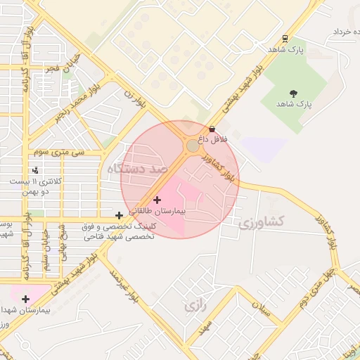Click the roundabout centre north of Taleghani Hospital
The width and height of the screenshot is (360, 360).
click(x=193, y=146)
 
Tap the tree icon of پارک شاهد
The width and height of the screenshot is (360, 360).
click(x=293, y=93)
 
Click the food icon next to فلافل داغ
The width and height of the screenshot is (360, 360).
click(x=212, y=129)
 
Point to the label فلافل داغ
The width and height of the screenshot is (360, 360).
click(x=212, y=139)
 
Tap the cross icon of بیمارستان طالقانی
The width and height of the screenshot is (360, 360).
click(x=157, y=200)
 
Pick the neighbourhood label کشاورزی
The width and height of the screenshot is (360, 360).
click(x=261, y=222)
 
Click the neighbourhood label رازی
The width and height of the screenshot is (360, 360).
click(x=193, y=307)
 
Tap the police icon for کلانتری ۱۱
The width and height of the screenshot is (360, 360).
click(x=35, y=170)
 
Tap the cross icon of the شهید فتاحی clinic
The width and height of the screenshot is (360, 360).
click(x=120, y=216)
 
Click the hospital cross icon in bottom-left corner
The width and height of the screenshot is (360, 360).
click(x=25, y=299)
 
